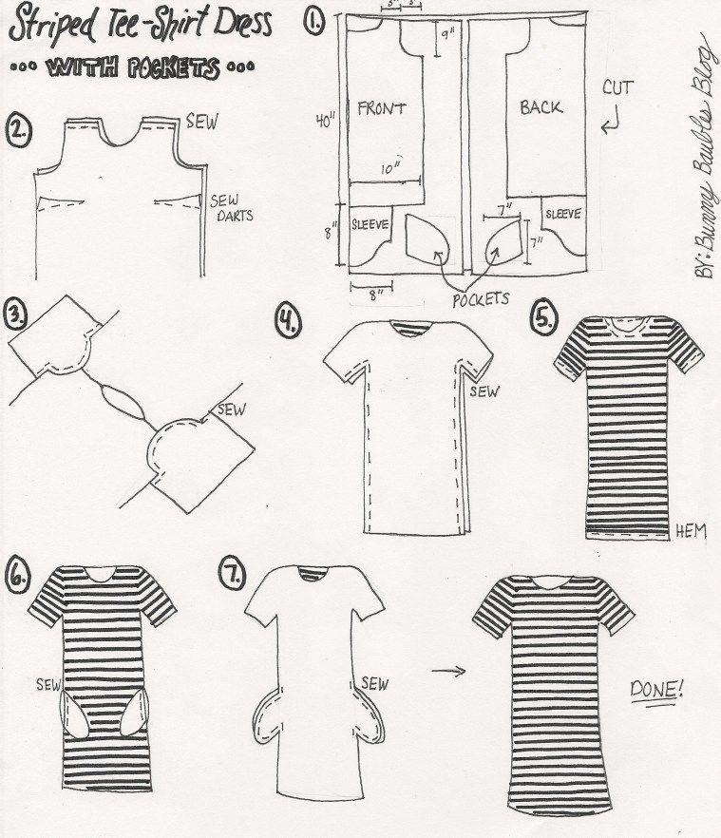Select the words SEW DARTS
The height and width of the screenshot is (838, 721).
click(226, 207)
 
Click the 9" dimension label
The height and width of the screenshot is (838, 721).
click(446, 39)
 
